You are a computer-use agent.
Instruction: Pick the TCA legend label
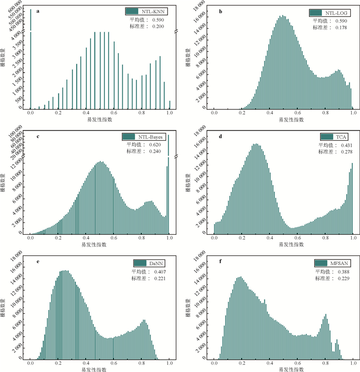click(340, 137)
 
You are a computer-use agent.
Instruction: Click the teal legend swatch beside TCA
click(326, 137)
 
